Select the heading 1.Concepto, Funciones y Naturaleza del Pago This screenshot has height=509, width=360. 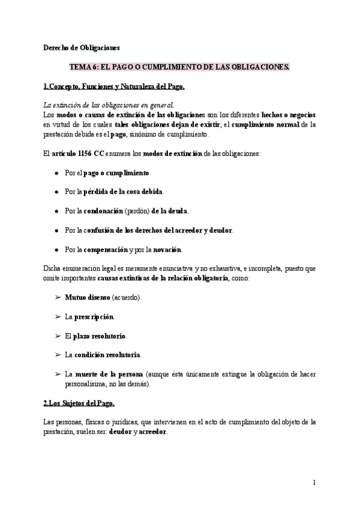pos(115,86)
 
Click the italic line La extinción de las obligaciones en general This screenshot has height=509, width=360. pos(109,104)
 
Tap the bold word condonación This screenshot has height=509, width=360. pos(102,211)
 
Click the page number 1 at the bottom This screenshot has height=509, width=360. pos(314,482)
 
